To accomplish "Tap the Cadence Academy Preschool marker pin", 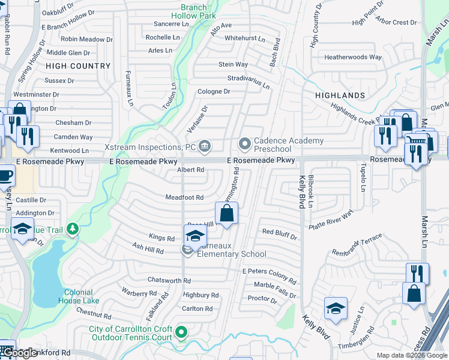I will tap(244, 143).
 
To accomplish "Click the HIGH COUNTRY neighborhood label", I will tap(78, 66).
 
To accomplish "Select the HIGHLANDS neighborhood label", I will tap(340, 95).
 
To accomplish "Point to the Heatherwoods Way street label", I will tap(353, 58).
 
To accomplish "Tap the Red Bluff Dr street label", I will tap(280, 234).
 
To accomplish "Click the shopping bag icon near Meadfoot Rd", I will tap(227, 214).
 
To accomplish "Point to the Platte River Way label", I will tap(331, 221).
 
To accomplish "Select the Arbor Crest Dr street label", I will tap(396, 23).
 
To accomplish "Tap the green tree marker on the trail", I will tap(73, 229).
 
